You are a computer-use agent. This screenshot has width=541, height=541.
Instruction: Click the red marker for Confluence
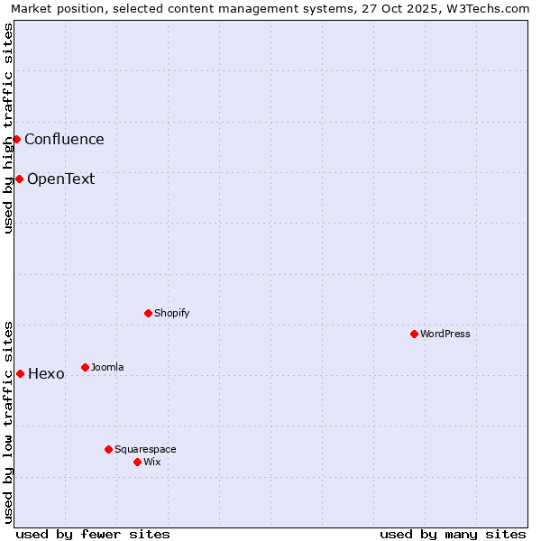coord(16,139)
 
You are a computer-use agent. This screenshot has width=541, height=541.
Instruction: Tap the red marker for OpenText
coord(19,179)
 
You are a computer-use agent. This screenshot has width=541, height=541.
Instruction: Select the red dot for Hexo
coord(20,373)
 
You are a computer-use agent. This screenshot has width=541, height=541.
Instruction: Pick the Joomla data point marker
coord(85,367)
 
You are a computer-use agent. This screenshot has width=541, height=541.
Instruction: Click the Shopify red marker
coord(148,313)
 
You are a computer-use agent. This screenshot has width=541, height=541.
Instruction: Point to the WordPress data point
coord(414,334)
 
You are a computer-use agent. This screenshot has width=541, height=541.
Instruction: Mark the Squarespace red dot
coord(108,449)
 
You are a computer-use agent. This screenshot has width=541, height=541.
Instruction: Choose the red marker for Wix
coord(137,462)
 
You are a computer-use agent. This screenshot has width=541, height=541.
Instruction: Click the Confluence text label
coord(64,139)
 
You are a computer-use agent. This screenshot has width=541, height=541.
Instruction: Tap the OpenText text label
coord(60,179)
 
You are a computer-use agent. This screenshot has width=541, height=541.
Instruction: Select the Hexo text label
coord(46,374)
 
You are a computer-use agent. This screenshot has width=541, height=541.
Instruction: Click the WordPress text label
coord(445,334)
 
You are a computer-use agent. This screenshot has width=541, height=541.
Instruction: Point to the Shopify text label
coord(171,313)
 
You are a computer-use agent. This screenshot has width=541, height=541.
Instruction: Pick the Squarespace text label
coord(145,449)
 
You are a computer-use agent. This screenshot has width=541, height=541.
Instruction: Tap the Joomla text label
coord(107,367)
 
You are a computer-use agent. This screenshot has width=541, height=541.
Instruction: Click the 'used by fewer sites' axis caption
coord(93,534)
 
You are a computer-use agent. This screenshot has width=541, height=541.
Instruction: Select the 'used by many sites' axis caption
coord(453,534)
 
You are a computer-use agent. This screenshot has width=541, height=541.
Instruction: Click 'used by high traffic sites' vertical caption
coord(8,128)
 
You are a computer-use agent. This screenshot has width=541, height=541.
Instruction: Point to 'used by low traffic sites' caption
coord(8,421)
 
